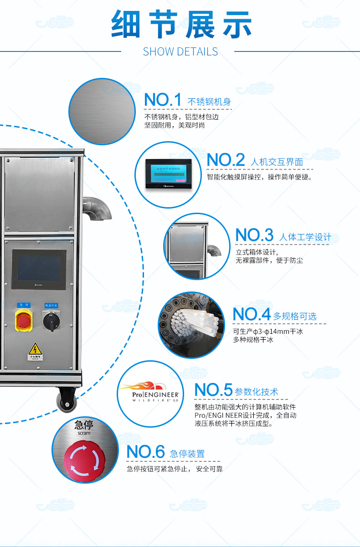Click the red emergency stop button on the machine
(x=23, y=320)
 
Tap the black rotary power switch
(x=51, y=321)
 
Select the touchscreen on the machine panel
(x=39, y=269)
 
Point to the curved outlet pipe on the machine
(x=98, y=208)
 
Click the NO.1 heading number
(x=162, y=100)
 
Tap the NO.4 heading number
(x=252, y=314)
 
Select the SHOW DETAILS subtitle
(x=180, y=51)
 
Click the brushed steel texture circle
(x=102, y=112)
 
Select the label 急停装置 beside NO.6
(x=187, y=454)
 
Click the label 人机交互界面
(x=277, y=162)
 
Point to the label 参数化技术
(x=256, y=392)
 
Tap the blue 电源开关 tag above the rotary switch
(x=51, y=305)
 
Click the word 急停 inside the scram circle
(x=84, y=425)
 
